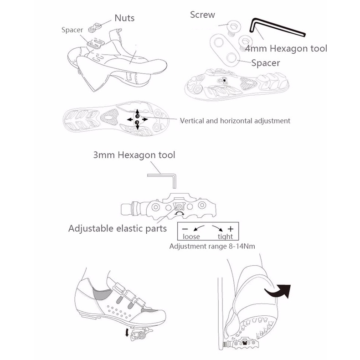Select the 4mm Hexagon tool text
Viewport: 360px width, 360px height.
tap(286, 48)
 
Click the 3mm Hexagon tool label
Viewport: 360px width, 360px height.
tap(134, 155)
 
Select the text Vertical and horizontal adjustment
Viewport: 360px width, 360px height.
tap(235, 121)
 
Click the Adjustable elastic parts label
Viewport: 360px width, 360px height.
tap(117, 227)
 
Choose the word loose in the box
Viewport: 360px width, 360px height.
tap(191, 236)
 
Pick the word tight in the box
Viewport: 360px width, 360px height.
tap(225, 236)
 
